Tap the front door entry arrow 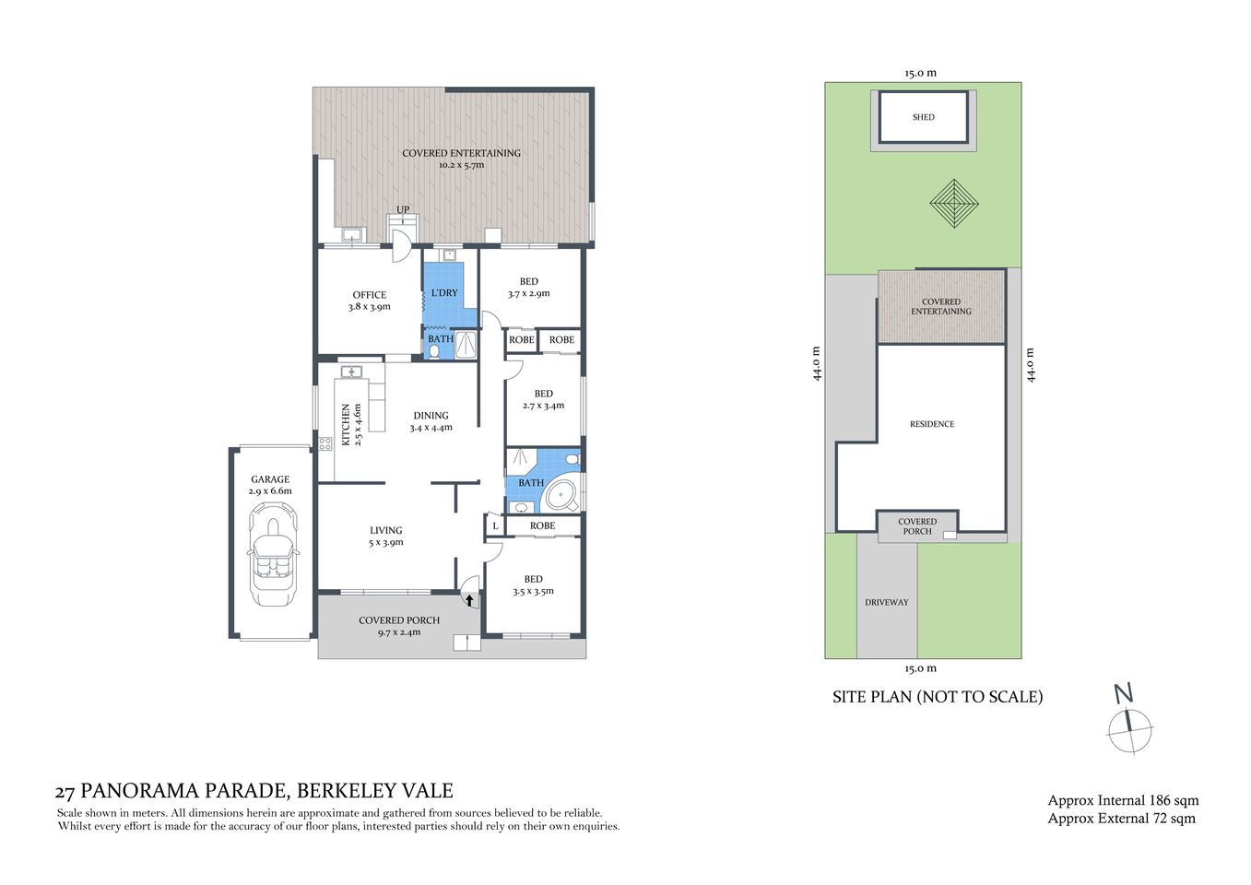tap(469, 600)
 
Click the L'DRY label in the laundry tap(444, 293)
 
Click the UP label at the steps tap(403, 210)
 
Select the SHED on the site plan tap(923, 117)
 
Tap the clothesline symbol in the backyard tap(953, 204)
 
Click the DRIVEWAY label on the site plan tap(886, 602)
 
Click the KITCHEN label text tap(347, 424)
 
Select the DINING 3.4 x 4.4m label tap(431, 421)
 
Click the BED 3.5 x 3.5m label tap(533, 585)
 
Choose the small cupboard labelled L tap(495, 526)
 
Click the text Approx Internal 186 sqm tap(1123, 800)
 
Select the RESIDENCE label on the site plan tap(932, 424)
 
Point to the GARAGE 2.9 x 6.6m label tap(270, 485)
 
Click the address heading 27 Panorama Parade tap(254, 791)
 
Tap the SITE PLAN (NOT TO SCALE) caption tap(938, 697)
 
